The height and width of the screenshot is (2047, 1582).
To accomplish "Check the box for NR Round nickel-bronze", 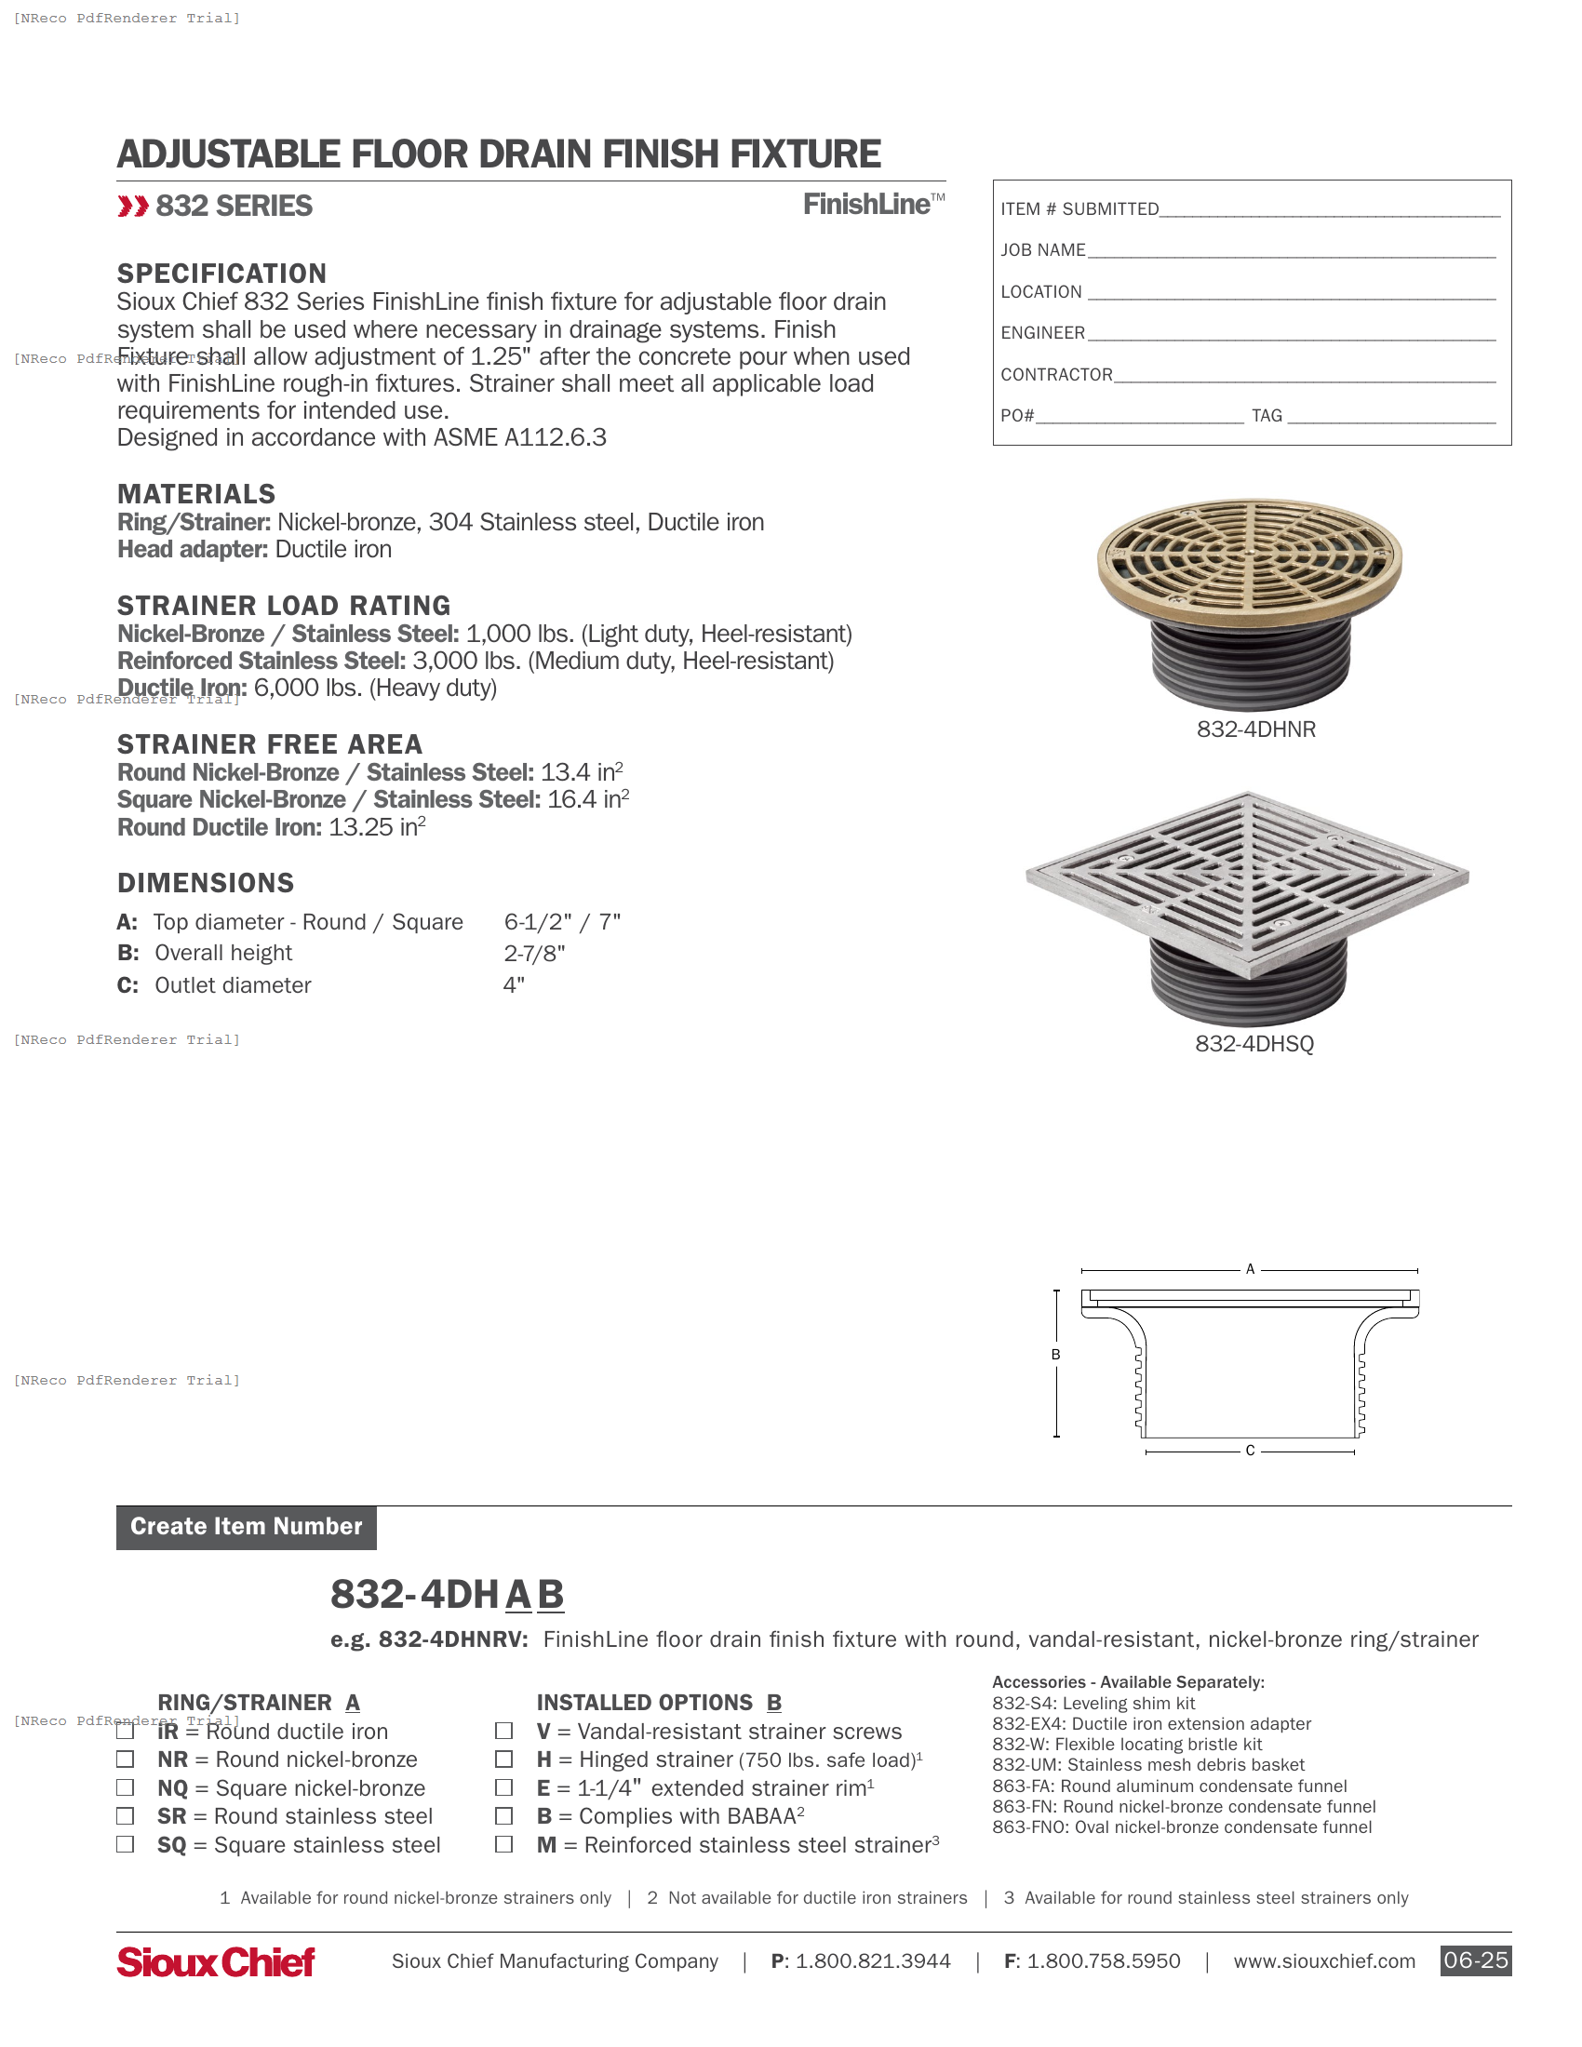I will point(125,1759).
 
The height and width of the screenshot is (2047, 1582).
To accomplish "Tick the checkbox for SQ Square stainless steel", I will point(125,1844).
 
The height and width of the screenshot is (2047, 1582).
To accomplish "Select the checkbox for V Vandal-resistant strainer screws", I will point(504,1731).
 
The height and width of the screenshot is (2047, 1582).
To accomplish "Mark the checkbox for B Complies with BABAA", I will point(504,1815).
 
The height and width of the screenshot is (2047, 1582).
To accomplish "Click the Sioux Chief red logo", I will point(216,1961).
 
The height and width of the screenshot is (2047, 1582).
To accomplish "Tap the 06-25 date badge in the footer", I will point(1475,1960).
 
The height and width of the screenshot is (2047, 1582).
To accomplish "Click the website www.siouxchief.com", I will point(1323,1961).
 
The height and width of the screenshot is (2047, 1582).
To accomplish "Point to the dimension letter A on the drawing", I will point(1249,1269).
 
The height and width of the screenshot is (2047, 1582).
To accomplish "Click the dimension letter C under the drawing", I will point(1249,1451).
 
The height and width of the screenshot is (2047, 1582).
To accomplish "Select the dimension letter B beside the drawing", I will point(1055,1355).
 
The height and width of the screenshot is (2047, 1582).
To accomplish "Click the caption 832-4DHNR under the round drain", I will point(1256,729).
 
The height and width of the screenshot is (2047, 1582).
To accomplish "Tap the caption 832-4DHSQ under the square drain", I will point(1254,1044).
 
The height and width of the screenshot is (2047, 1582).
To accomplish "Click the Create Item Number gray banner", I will point(247,1527).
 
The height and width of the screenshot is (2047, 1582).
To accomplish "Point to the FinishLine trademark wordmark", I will point(872,205).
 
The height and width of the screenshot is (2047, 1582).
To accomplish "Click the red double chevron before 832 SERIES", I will point(133,207).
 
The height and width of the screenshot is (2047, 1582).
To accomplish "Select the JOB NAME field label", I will point(1042,250).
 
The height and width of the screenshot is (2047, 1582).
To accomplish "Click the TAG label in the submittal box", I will point(1267,416).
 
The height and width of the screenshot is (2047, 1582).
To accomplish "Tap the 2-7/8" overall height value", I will point(534,954).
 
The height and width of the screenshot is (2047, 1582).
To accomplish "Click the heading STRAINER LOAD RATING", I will point(283,606).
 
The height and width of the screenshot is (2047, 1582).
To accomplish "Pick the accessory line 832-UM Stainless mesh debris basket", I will point(1147,1765).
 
